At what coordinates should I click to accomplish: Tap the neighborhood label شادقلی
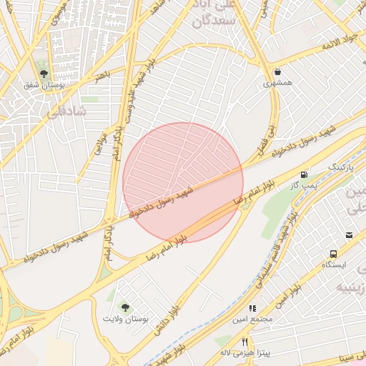click(64, 112)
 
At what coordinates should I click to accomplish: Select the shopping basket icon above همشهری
click(277, 71)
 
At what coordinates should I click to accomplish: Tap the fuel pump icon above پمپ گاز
click(305, 174)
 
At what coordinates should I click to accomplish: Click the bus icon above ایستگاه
click(333, 254)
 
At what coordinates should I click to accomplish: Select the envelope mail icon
click(349, 235)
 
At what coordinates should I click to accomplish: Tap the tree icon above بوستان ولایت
click(126, 307)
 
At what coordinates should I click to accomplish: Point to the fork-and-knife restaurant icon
click(244, 342)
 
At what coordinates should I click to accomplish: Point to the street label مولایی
click(100, 144)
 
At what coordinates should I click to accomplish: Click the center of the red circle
click(183, 182)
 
